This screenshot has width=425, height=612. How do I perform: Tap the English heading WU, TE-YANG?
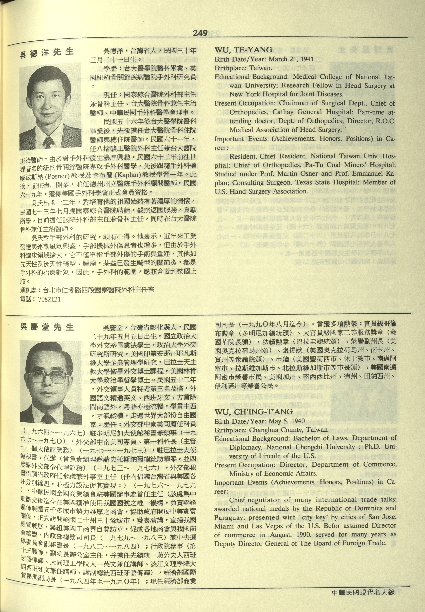coord(243,50)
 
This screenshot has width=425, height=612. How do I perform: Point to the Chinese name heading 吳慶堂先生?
coord(47,327)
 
